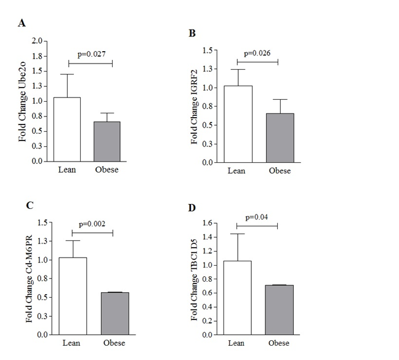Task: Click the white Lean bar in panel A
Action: [x=66, y=129]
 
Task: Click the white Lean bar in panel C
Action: [x=72, y=296]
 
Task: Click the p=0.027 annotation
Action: [x=91, y=54]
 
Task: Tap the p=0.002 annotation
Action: [x=93, y=224]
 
